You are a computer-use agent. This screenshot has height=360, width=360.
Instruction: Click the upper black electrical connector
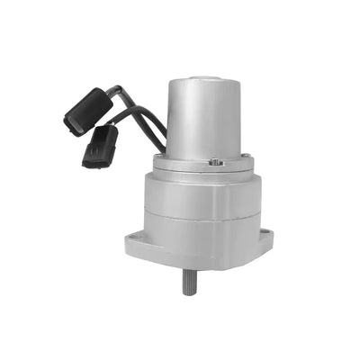coord(87,111)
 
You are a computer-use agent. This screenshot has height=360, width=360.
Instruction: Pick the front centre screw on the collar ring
coord(216,163)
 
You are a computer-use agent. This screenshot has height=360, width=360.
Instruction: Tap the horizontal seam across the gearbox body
coord(202,213)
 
